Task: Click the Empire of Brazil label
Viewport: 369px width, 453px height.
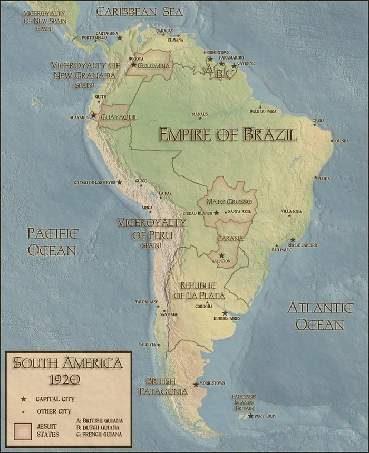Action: [x=228, y=134]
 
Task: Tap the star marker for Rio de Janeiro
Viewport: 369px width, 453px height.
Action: [x=293, y=239]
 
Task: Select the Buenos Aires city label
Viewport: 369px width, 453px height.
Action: [x=227, y=319]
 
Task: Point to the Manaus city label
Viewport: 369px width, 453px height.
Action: [x=200, y=114]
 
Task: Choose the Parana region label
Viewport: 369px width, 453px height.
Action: [x=231, y=238]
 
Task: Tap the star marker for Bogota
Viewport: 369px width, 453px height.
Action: [x=134, y=65]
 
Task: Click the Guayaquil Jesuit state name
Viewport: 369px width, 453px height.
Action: [x=119, y=117]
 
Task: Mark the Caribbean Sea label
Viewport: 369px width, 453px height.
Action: [x=139, y=12]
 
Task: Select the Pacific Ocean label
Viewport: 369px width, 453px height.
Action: [x=52, y=242]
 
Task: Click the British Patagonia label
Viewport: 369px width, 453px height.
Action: [x=163, y=386]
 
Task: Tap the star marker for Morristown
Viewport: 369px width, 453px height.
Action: [x=196, y=385]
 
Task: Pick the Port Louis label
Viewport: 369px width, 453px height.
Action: [x=265, y=416]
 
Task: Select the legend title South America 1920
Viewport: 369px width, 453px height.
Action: [x=68, y=370]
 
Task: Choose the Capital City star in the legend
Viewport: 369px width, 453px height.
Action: [x=23, y=399]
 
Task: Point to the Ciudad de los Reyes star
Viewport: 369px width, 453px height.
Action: [x=120, y=182]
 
